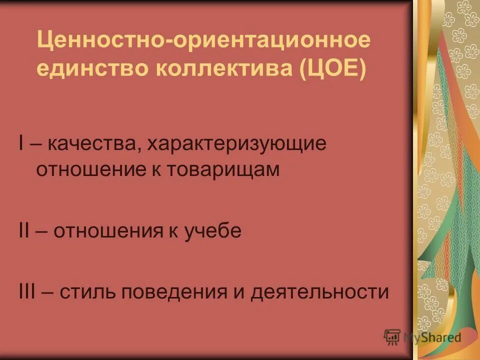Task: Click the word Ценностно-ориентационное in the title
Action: [203, 39]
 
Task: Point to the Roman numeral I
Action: [20, 144]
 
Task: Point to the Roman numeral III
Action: [25, 291]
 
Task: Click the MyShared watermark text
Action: [433, 337]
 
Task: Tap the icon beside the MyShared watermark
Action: [392, 337]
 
